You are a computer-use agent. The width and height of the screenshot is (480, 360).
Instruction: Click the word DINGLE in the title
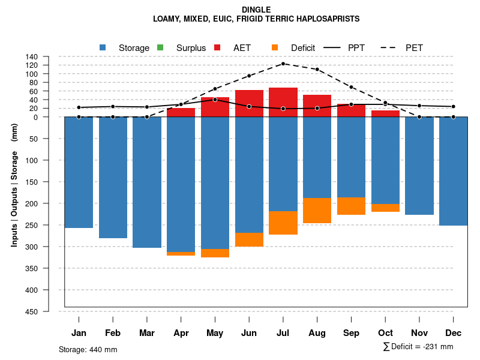pos(256,10)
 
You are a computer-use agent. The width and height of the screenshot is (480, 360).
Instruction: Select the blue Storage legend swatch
pos(103,47)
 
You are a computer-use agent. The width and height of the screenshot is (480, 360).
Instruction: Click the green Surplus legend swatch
pos(160,47)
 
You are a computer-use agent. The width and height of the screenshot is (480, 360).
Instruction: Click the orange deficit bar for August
pos(317,211)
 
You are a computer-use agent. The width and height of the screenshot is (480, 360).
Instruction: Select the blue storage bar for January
pos(79,172)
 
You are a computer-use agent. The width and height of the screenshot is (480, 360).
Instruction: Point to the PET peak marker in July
pos(283,64)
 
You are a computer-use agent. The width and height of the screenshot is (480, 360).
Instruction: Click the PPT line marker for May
pos(215,100)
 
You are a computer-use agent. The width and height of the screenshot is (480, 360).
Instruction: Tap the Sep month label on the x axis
pos(351,333)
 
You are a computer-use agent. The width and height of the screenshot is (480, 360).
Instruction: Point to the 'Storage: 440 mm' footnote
pos(88,349)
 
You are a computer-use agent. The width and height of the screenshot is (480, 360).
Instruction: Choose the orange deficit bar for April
pos(181,254)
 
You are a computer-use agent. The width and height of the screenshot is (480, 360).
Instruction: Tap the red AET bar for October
pos(385,113)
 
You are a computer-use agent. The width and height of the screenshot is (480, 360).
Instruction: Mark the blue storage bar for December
pos(453,171)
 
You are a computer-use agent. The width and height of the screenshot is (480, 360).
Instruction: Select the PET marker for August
pos(317,69)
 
